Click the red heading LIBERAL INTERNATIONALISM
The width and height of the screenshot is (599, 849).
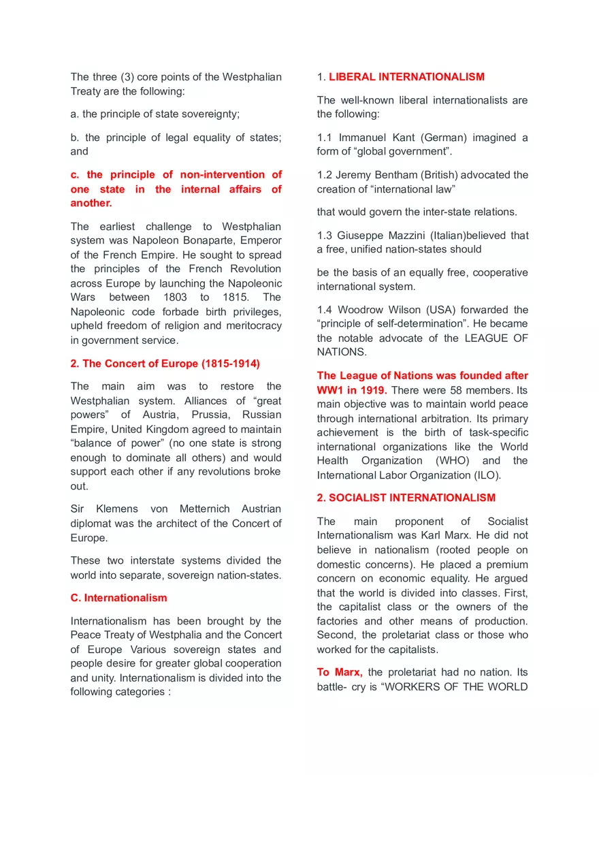coord(406,77)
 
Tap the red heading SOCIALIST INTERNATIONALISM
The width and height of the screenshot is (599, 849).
coord(406,498)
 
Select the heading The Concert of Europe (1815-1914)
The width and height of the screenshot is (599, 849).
coord(165,364)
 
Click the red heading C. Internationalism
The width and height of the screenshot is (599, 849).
coord(118,598)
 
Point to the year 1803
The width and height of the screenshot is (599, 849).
coord(175,298)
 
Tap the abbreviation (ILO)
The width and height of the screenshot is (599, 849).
coord(485,475)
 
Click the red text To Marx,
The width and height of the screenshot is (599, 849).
coord(339,673)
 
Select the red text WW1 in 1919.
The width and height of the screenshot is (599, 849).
coord(351,390)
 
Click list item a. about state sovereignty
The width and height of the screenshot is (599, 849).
coord(155,114)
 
